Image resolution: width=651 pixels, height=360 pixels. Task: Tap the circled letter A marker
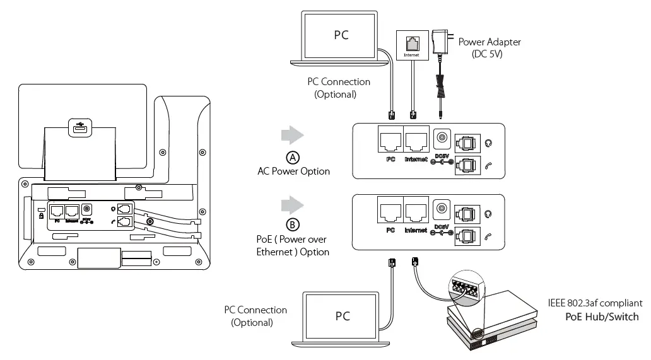click(x=293, y=158)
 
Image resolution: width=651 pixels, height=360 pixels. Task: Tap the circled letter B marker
click(x=293, y=225)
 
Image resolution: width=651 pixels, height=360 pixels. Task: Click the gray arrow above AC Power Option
click(x=293, y=135)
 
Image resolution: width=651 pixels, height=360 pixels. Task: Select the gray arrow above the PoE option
click(x=293, y=206)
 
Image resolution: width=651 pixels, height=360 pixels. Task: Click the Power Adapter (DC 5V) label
click(x=489, y=48)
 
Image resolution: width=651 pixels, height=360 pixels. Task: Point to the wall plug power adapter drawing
click(x=440, y=42)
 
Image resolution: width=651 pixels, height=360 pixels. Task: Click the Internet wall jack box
click(x=413, y=45)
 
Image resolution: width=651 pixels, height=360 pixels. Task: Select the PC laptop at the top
click(x=339, y=38)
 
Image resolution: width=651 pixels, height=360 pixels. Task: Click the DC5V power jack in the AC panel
click(x=442, y=139)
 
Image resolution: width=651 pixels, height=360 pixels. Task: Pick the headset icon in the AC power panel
click(x=489, y=144)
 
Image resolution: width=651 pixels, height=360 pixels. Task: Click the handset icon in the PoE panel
click(x=488, y=237)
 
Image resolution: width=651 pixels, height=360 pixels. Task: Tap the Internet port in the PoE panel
click(x=416, y=211)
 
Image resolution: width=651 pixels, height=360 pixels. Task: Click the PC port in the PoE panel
click(x=390, y=211)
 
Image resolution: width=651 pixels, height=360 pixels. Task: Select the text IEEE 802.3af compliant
click(x=595, y=303)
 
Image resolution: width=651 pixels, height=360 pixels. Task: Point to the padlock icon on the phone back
click(x=41, y=216)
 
